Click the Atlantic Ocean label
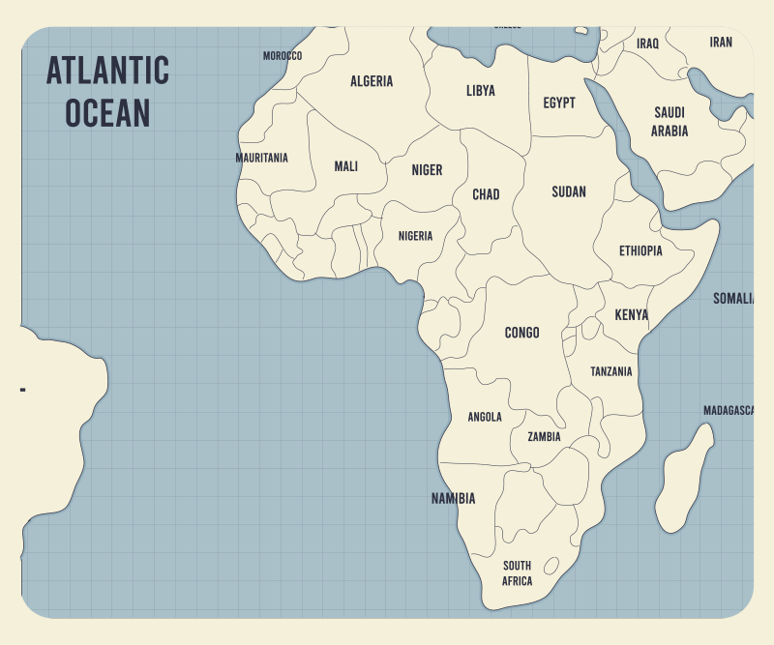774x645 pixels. pyautogui.click(x=107, y=92)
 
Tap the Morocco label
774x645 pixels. pyautogui.click(x=283, y=56)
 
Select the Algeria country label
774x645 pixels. pyautogui.click(x=372, y=81)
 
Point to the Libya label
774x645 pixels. pyautogui.click(x=480, y=91)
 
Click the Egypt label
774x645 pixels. pyautogui.click(x=559, y=103)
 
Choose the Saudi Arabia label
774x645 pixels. pyautogui.click(x=670, y=122)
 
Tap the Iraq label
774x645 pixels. pyautogui.click(x=647, y=44)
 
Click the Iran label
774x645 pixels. pyautogui.click(x=721, y=42)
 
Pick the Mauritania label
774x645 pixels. pyautogui.click(x=261, y=158)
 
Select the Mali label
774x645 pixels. pyautogui.click(x=345, y=166)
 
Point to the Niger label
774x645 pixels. pyautogui.click(x=427, y=170)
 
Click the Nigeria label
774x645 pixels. pyautogui.click(x=415, y=236)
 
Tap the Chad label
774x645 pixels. pyautogui.click(x=486, y=194)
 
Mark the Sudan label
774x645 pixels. pyautogui.click(x=569, y=191)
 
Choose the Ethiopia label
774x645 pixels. pyautogui.click(x=640, y=250)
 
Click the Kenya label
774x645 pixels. pyautogui.click(x=631, y=315)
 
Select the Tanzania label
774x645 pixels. pyautogui.click(x=611, y=371)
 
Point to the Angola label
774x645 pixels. pyautogui.click(x=485, y=417)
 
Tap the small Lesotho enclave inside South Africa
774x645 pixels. pyautogui.click(x=551, y=565)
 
